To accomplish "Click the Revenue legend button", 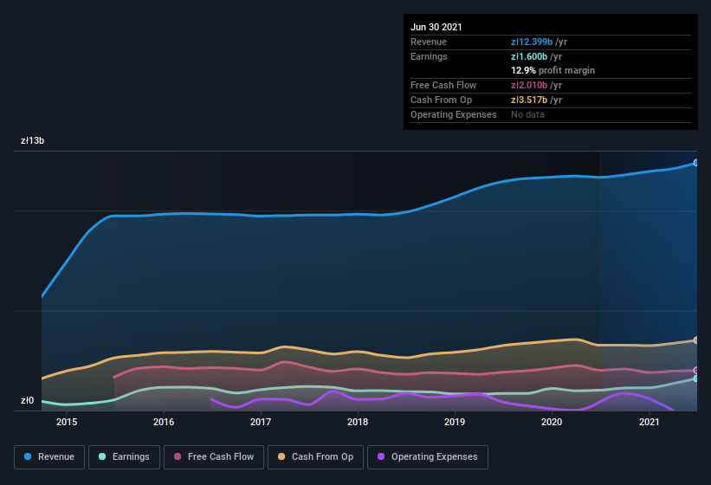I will [x=49, y=456].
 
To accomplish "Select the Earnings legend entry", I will [x=125, y=456].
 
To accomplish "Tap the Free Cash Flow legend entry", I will [x=213, y=456].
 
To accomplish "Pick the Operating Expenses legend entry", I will [x=427, y=456].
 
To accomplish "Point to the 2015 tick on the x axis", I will [x=67, y=422].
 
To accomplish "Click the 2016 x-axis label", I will [x=164, y=422].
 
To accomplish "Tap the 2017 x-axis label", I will [x=261, y=422].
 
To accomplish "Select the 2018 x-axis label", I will [x=358, y=422].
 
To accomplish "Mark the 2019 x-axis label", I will [x=455, y=422].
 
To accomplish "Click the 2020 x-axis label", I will [x=552, y=422].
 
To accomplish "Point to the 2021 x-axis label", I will [x=649, y=422].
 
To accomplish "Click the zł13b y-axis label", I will [x=34, y=140].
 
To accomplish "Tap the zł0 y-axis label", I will [x=28, y=400].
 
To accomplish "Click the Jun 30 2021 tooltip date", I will [x=436, y=27].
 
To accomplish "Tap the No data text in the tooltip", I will [x=528, y=114].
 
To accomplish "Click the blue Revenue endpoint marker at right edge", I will [x=695, y=163].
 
